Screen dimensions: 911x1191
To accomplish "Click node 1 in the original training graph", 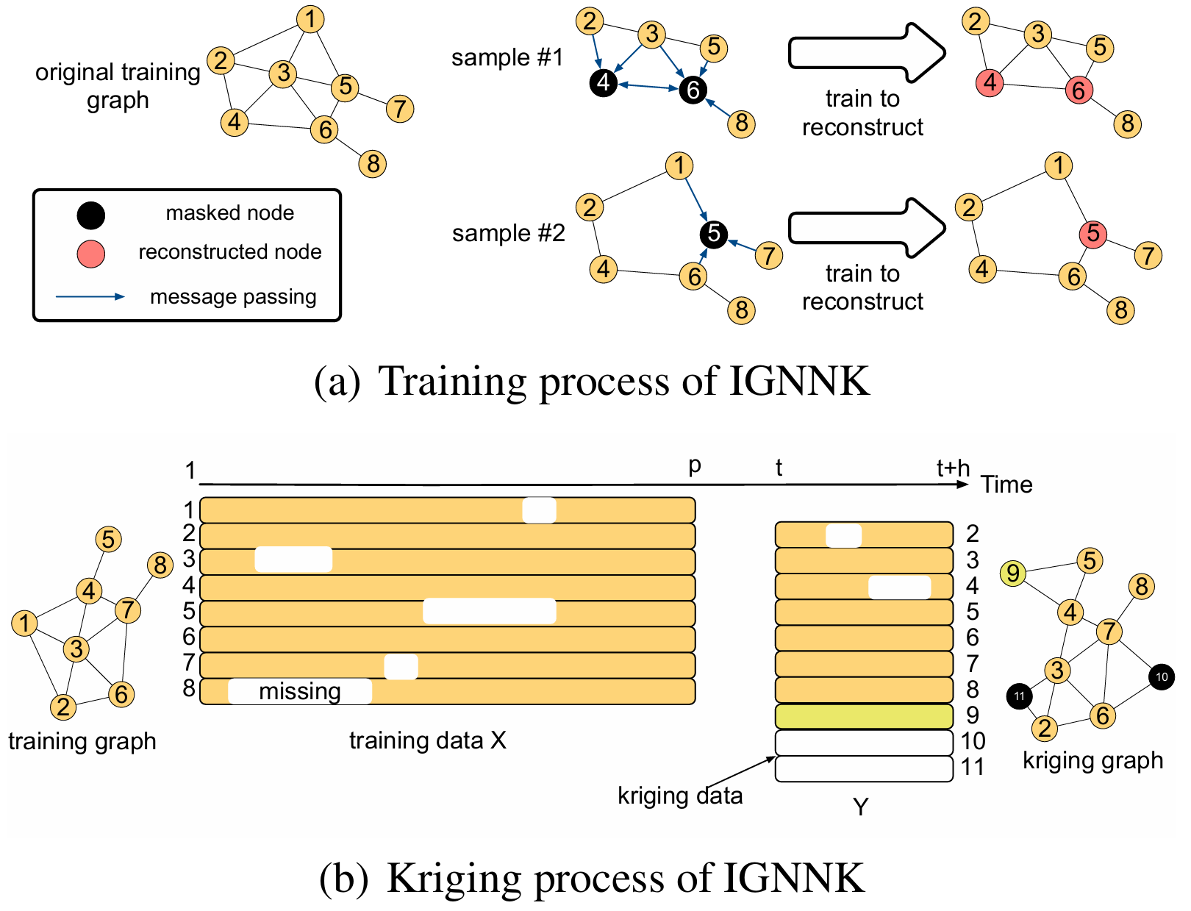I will tap(310, 19).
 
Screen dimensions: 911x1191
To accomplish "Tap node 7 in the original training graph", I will tap(399, 109).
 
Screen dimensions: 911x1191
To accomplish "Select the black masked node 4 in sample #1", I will tap(603, 82).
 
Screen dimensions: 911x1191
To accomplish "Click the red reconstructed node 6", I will tap(1079, 90).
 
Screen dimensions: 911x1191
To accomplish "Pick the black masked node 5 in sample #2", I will tap(713, 234).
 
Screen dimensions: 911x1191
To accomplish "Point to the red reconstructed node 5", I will tap(1093, 234).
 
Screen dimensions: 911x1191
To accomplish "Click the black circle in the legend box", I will tap(91, 215).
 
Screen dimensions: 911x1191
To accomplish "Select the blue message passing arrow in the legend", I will tap(90, 297).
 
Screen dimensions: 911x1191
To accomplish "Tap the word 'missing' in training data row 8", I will tap(300, 692).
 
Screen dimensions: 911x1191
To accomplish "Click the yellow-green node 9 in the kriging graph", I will tap(1013, 573).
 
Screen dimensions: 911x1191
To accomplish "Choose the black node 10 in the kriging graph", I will tap(1162, 677).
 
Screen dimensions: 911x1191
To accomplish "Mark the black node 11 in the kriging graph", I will tap(1019, 696).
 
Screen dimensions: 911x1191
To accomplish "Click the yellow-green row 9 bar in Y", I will tap(864, 716).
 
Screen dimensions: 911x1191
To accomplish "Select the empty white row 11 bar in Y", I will tap(864, 768).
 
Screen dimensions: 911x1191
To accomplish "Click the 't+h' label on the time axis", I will tap(953, 468).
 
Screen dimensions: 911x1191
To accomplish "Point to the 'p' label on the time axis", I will tap(694, 466).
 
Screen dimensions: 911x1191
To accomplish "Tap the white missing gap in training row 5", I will tap(489, 612).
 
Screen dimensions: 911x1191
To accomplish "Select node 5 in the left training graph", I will tap(108, 539).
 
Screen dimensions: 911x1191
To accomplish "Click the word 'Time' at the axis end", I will tap(1006, 485).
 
